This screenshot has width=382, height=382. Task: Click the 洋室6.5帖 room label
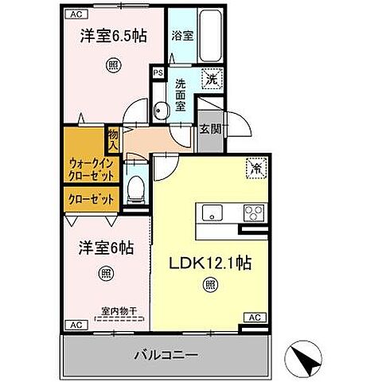(111, 37)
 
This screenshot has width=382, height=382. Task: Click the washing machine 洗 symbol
(212, 78)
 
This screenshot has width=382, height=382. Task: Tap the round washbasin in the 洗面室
(160, 111)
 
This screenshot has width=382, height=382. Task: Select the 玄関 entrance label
(210, 130)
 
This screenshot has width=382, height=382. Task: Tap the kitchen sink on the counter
(213, 212)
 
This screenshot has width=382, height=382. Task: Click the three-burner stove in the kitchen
(255, 212)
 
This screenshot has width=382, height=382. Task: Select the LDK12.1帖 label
(209, 263)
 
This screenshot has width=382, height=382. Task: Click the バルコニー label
(165, 353)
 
